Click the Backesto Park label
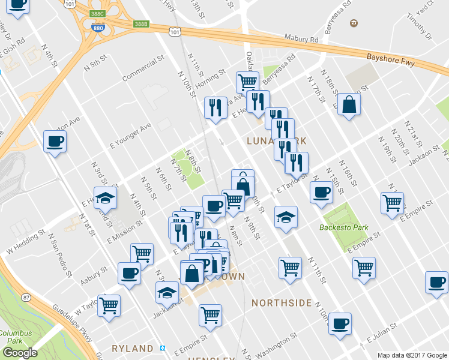(352, 227)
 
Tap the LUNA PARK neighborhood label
(277, 140)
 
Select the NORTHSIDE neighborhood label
(282, 303)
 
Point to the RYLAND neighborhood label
(132, 349)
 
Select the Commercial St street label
(143, 70)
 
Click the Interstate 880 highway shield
(97, 28)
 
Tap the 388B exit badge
(140, 23)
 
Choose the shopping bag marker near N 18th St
(349, 105)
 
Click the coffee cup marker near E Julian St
(340, 323)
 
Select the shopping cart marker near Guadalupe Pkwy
(109, 305)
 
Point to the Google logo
(19, 353)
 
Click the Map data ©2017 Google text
(412, 355)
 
